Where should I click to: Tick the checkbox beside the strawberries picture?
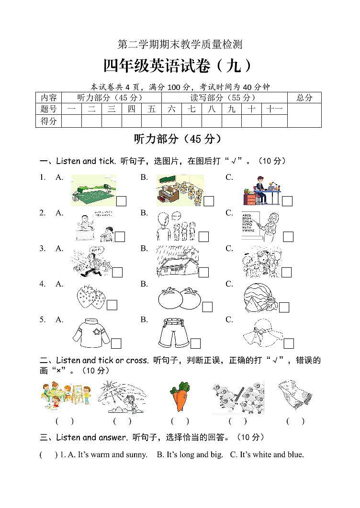tap(112, 305)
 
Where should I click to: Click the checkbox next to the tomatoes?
tap(207, 307)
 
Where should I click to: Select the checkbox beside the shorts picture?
tap(195, 343)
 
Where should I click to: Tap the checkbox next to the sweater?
tap(116, 343)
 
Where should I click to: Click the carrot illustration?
tap(180, 397)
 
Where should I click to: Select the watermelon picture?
tap(259, 297)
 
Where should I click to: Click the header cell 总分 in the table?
tap(304, 98)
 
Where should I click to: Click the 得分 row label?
tap(48, 121)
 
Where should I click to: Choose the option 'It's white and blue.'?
tap(267, 454)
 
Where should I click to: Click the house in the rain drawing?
tap(175, 262)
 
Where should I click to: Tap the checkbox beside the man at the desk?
tap(287, 201)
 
